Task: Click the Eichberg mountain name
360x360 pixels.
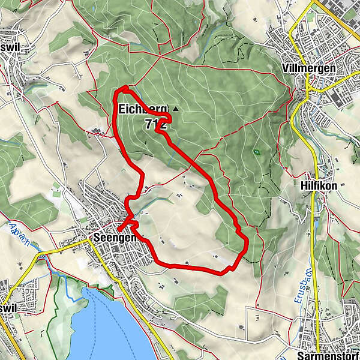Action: tap(143, 109)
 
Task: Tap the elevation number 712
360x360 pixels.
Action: tap(155, 124)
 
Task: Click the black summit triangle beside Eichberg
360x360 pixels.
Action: tap(175, 109)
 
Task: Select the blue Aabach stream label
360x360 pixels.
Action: tap(22, 235)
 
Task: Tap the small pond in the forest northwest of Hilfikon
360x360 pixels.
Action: tap(257, 152)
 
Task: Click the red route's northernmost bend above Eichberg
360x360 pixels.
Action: tap(124, 88)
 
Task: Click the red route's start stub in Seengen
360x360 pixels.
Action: tap(119, 229)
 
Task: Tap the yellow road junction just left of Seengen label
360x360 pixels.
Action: tap(88, 239)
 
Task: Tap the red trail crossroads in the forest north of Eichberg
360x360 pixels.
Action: tap(161, 56)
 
